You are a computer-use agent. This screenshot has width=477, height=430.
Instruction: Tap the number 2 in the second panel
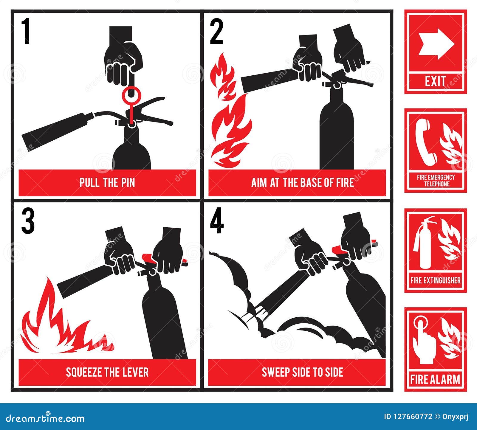[216, 32]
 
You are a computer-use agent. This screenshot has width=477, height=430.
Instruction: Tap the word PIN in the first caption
[128, 182]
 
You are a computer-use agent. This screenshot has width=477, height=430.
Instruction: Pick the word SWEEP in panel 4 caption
[273, 372]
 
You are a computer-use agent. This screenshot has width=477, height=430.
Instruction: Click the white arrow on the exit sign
[436, 45]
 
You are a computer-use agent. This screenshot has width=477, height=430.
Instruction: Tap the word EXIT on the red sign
[436, 81]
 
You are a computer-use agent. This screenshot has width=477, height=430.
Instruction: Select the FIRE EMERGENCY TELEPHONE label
[436, 181]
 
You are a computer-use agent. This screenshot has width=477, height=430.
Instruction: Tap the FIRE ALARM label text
[435, 380]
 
